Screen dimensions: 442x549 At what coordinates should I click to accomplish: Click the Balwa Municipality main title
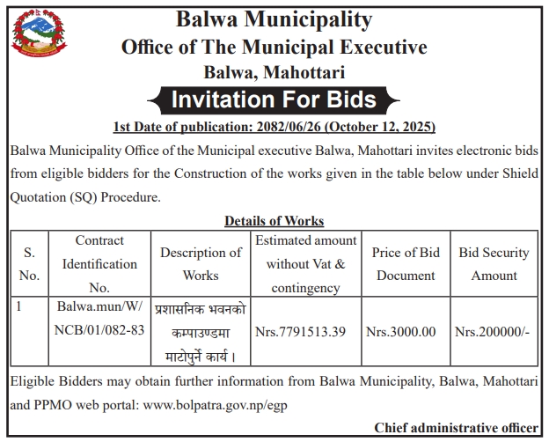point(274,19)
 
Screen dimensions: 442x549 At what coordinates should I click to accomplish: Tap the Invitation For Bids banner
point(274,98)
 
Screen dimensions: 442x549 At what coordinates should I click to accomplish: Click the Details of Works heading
point(274,221)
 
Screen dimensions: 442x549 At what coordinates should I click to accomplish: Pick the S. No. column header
point(29,263)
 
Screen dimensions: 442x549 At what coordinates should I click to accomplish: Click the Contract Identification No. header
point(99,263)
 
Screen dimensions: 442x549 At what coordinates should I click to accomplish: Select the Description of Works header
point(201,263)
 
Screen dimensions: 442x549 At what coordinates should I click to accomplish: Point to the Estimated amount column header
point(305,263)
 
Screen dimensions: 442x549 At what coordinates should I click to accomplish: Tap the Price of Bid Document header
point(406,263)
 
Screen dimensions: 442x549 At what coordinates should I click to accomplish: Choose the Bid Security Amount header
point(494,263)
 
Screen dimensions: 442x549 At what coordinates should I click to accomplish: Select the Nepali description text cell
point(201,334)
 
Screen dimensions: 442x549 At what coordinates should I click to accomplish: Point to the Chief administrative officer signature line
point(456,428)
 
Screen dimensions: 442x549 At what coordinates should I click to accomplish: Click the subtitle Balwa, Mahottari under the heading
point(274,70)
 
